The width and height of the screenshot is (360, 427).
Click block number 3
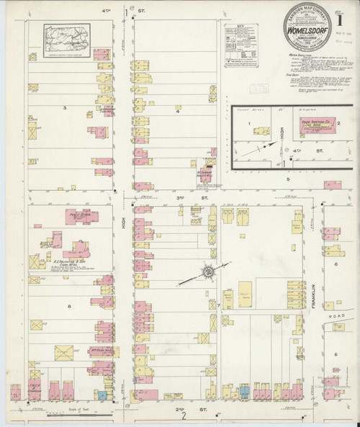tap(64, 107)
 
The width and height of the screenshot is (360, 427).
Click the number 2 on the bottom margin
tap(184, 415)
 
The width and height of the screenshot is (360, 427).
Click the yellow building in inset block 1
tap(260, 132)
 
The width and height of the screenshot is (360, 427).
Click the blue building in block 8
tap(102, 395)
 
